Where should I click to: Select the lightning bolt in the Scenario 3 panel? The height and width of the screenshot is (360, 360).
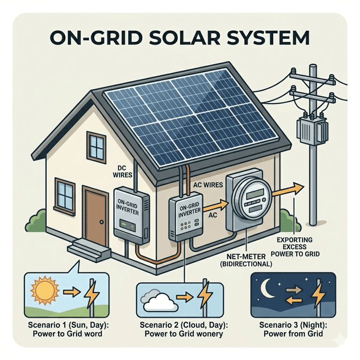[319, 294]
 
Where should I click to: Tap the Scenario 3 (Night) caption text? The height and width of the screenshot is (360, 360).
[293, 330]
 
